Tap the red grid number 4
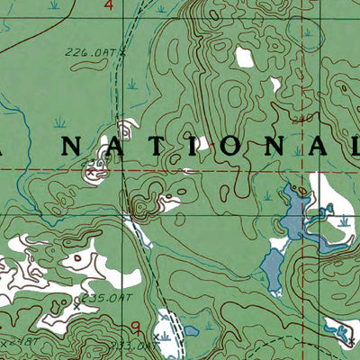(109, 6)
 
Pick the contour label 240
(300, 117)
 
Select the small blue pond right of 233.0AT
(192, 332)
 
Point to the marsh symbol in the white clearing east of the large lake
(343, 218)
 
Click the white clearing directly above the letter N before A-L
(274, 86)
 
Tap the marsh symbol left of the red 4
(55, 5)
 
